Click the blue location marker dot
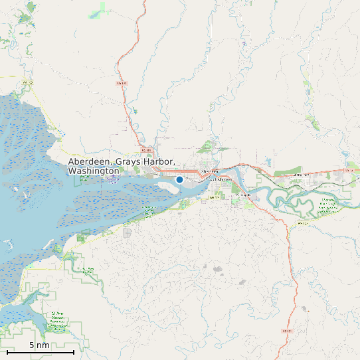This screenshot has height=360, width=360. [179, 179]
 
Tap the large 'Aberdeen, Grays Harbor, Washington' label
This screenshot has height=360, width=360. [122, 167]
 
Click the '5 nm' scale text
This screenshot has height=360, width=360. [39, 345]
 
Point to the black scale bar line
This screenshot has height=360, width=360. [41, 352]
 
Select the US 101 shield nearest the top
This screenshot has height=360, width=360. [121, 84]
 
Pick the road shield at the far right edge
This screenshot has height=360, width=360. [349, 171]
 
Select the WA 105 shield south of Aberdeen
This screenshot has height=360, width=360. [214, 197]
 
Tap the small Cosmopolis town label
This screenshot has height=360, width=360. [244, 195]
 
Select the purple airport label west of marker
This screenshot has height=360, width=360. [112, 178]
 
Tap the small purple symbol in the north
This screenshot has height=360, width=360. [244, 44]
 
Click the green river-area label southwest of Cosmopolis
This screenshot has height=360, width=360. [148, 211]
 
